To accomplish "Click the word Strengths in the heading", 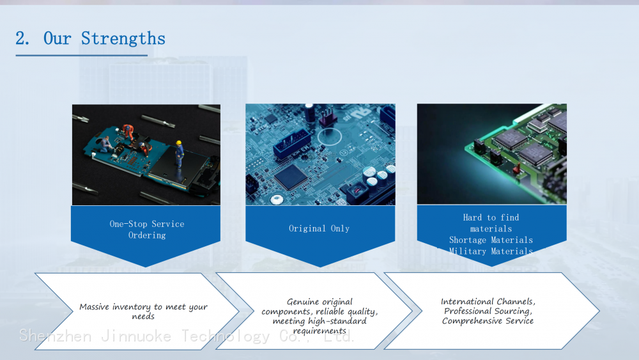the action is coord(123,39).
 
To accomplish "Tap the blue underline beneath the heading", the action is coord(82,55).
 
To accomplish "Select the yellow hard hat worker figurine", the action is coord(179,153).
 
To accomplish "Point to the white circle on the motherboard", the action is coord(329,137).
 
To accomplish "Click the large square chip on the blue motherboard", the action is coord(291,176).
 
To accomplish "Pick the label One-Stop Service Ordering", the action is coord(147,230).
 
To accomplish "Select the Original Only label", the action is coord(319,228).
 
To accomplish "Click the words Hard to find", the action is coord(491,217).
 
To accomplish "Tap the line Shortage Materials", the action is coord(491,240).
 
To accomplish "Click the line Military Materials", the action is coord(491,251).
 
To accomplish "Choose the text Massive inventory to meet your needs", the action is coord(143,311).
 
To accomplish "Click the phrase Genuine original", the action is coord(319,302).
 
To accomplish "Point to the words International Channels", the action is coord(488,301).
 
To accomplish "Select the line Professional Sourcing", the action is coord(488,311).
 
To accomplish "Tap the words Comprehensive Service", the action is coord(488,321).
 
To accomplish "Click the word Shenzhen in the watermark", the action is coord(56,336).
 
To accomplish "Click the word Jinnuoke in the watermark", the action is coord(136,336).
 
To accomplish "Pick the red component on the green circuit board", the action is coord(516,168).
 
